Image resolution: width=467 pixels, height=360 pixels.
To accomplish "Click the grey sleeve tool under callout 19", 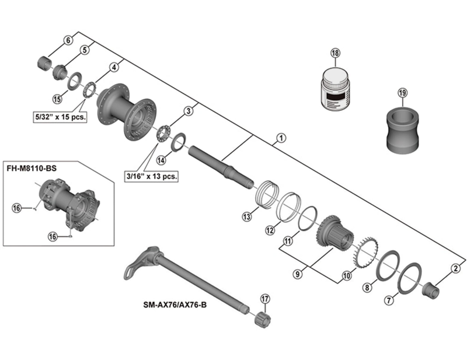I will tap(402, 130).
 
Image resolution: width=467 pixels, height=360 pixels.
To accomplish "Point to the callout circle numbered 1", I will tap(281, 138).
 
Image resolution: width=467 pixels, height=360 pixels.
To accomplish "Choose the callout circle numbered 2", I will tap(455, 268).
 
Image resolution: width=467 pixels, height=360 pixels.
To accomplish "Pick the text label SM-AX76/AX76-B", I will tap(175, 304).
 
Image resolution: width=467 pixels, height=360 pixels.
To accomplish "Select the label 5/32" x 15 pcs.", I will tap(59, 117).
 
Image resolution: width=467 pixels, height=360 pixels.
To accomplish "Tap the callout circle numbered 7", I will tap(391, 301).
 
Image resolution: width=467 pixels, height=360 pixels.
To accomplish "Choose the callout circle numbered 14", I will tap(161, 159).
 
